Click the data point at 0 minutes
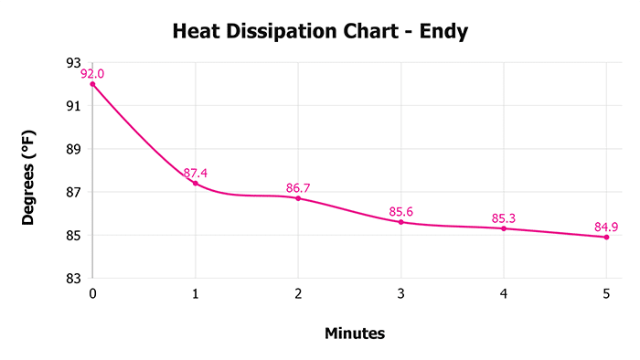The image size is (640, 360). pyautogui.click(x=92, y=84)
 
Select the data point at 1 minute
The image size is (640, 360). pyautogui.click(x=196, y=183)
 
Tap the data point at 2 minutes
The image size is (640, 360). pyautogui.click(x=298, y=198)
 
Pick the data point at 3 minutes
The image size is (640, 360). pyautogui.click(x=400, y=222)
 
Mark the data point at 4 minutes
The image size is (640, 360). pyautogui.click(x=504, y=228)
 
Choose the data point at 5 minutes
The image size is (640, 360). pyautogui.click(x=606, y=237)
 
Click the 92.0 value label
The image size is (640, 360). pyautogui.click(x=92, y=74)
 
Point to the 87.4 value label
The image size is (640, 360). pyautogui.click(x=196, y=173)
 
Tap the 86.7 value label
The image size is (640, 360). pyautogui.click(x=298, y=188)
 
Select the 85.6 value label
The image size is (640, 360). pyautogui.click(x=400, y=212)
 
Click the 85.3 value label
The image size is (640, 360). pyautogui.click(x=504, y=218)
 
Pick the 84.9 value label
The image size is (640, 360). pyautogui.click(x=606, y=227)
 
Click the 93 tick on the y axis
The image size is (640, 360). pyautogui.click(x=74, y=63)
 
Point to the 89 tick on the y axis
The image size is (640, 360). pyautogui.click(x=74, y=149)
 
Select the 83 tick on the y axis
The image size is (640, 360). pyautogui.click(x=74, y=278)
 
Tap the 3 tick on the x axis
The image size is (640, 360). pyautogui.click(x=400, y=293)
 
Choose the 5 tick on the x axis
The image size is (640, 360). pyautogui.click(x=606, y=293)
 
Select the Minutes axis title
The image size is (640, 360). pyautogui.click(x=355, y=334)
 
